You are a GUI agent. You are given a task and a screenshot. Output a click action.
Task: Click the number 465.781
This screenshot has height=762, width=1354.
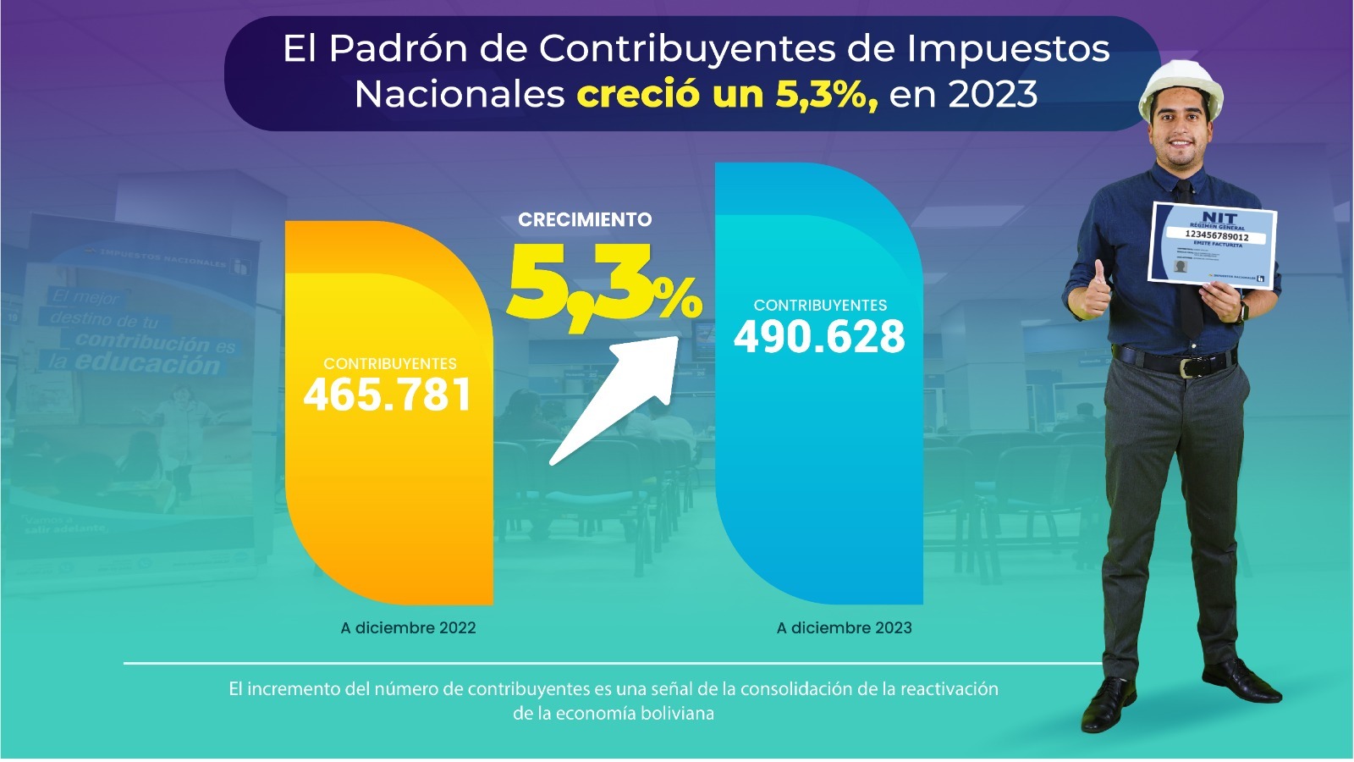coord(388,395)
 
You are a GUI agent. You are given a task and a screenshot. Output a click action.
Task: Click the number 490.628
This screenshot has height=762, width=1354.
coord(819,337)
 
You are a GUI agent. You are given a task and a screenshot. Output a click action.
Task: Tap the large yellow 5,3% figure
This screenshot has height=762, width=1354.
coord(603,284)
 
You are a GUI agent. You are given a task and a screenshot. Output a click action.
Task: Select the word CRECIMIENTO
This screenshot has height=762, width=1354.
coord(585,220)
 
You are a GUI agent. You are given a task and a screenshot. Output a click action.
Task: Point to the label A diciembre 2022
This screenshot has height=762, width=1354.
coord(408,628)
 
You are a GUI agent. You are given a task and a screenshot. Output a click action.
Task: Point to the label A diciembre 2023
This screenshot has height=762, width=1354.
coord(844,628)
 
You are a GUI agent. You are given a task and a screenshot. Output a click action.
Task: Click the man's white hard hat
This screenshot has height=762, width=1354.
coord(1181,89)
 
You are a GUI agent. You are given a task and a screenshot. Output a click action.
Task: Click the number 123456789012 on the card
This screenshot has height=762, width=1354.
coord(1216,236)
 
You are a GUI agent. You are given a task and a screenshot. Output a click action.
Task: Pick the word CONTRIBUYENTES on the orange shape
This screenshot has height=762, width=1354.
coord(390,364)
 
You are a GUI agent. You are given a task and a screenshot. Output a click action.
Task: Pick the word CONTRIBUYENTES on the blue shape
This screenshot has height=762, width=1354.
coord(820,306)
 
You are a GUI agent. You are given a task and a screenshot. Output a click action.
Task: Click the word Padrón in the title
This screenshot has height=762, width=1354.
coord(399,48)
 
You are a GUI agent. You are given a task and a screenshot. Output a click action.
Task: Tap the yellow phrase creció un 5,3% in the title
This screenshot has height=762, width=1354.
coord(726,94)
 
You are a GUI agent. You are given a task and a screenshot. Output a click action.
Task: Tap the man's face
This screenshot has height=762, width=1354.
coord(1181,140)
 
